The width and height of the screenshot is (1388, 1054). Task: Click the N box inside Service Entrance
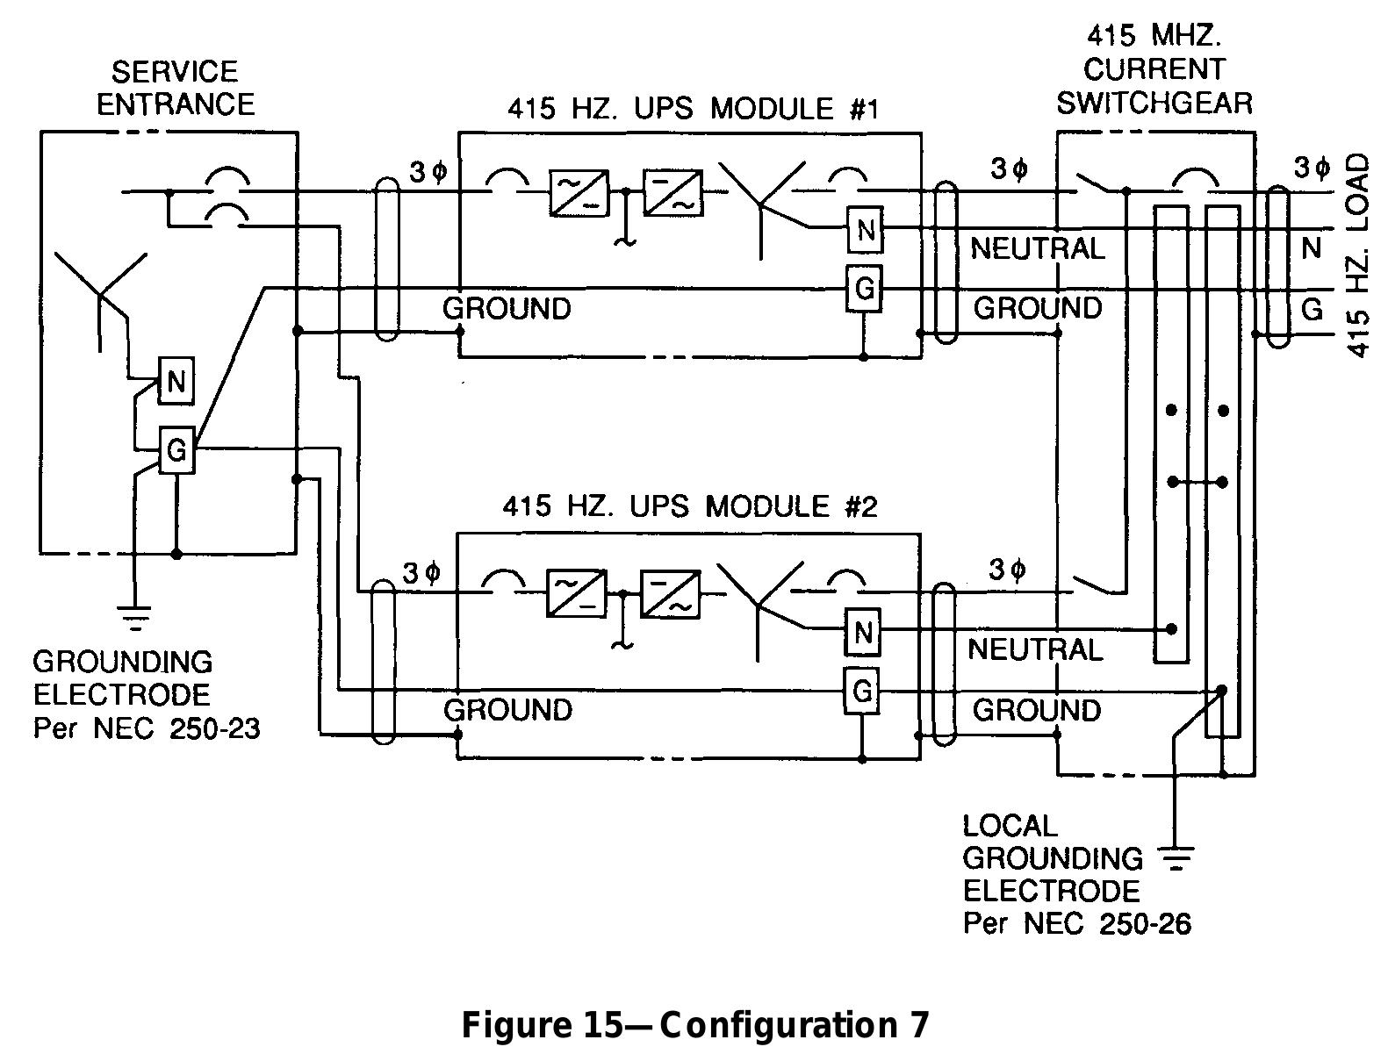tap(176, 381)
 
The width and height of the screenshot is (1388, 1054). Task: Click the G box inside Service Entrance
tap(176, 450)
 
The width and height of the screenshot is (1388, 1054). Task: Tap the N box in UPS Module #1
tap(866, 231)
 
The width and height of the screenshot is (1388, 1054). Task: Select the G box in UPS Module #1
tap(864, 288)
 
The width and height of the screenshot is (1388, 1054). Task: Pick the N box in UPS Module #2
tap(862, 632)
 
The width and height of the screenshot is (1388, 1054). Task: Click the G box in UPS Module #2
tap(862, 691)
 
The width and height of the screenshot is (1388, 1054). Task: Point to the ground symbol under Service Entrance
tap(134, 619)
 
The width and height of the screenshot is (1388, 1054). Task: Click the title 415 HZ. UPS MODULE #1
tap(693, 109)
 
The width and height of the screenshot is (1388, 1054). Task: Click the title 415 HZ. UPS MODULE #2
tap(689, 507)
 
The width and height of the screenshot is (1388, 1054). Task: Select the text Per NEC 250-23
tap(146, 728)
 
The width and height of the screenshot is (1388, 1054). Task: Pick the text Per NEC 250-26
tap(1076, 923)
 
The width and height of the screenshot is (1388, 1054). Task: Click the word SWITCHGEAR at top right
tap(1154, 103)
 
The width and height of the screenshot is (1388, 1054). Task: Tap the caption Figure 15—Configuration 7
tap(694, 1024)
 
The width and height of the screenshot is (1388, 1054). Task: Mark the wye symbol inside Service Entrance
tap(101, 290)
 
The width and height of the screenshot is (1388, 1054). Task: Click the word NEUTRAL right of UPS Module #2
tap(1035, 649)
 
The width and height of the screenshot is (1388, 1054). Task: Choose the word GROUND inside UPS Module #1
tap(507, 308)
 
